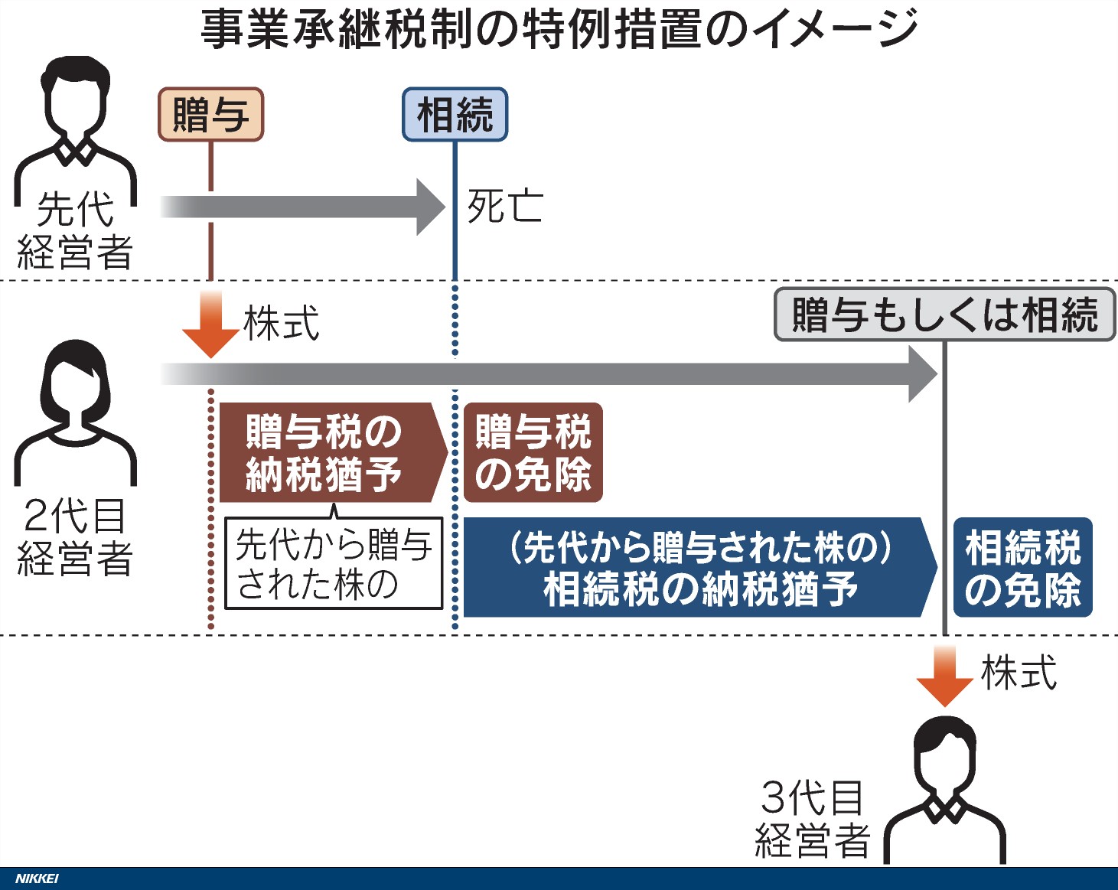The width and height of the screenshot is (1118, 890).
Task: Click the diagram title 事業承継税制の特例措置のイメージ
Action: [559, 29]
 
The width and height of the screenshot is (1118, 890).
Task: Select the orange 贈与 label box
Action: [210, 115]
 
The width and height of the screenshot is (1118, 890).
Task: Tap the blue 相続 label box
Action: [455, 115]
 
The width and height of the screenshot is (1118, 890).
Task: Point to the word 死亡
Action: [505, 207]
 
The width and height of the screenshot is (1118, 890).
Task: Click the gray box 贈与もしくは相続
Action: [944, 315]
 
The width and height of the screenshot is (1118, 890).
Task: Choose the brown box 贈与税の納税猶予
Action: [325, 452]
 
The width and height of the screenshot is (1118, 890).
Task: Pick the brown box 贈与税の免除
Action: [533, 452]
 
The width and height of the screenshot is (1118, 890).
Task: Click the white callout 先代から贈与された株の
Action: [334, 565]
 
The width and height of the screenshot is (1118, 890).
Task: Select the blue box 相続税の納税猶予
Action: [698, 567]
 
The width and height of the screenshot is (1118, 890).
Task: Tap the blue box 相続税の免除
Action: [1022, 567]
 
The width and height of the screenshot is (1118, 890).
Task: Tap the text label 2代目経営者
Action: [75, 536]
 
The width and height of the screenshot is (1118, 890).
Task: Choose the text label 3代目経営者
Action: [813, 820]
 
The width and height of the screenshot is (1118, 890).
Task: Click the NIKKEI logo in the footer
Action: [37, 879]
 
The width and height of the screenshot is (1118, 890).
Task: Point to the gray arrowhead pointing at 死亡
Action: [430, 207]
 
